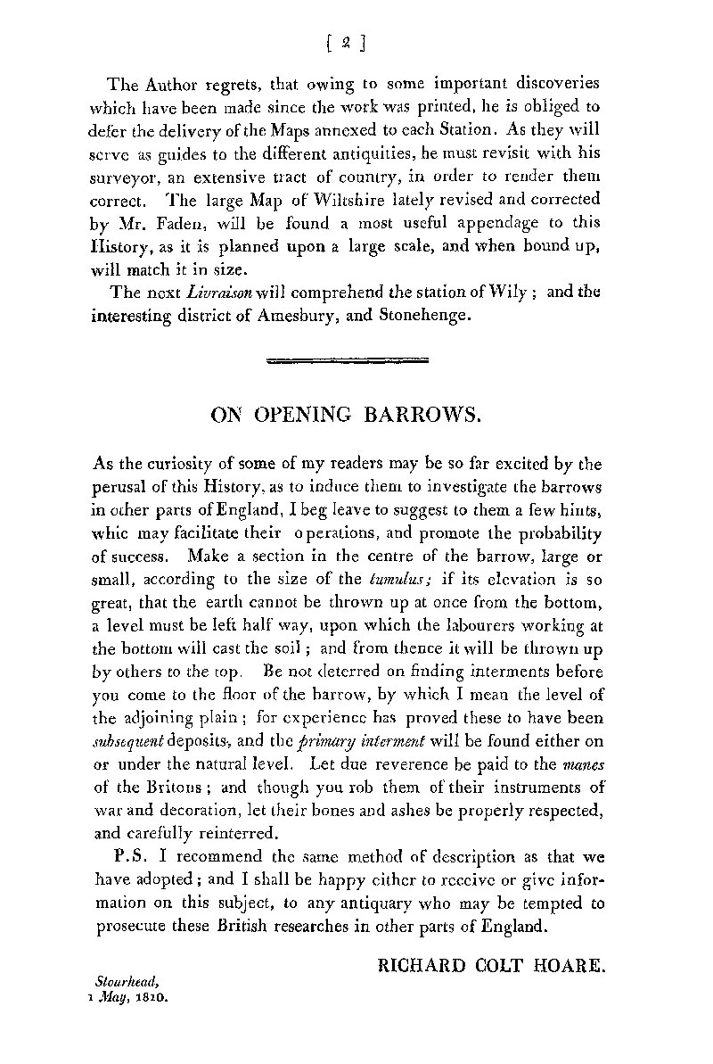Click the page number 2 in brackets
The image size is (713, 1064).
348,41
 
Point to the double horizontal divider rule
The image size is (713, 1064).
348,360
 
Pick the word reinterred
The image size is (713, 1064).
236,832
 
